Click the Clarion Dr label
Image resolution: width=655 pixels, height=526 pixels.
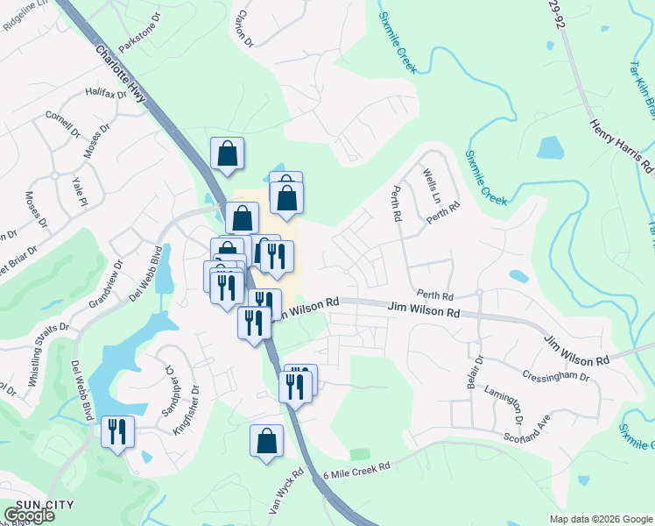point(243,29)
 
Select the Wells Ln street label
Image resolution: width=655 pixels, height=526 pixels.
point(432,185)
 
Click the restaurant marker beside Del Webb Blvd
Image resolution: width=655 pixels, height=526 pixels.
point(116,431)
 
